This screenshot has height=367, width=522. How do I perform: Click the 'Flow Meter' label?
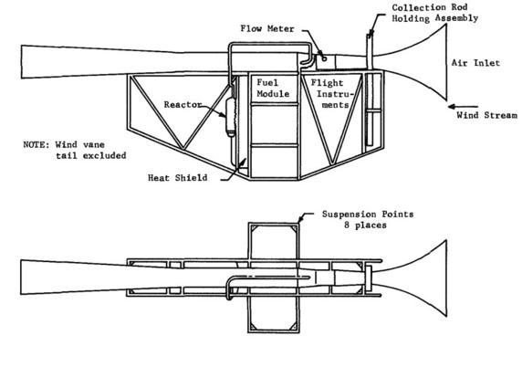point(267,28)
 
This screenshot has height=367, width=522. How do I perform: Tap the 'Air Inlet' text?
point(475,63)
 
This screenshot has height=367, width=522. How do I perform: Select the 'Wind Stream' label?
point(486,115)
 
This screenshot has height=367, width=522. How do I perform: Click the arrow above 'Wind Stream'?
point(463,107)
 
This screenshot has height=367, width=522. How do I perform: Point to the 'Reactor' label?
point(183,105)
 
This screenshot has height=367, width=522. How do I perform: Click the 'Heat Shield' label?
point(177,177)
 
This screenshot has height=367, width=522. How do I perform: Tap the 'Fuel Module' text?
point(273,88)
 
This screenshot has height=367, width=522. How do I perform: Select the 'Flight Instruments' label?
point(330,94)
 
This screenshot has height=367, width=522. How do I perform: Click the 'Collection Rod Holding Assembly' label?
point(434,13)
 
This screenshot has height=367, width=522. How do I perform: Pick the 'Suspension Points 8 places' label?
point(368,219)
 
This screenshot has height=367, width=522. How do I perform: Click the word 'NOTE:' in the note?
point(37,145)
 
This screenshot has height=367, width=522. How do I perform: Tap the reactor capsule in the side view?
point(231,117)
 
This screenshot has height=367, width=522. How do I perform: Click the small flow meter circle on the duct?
point(324,59)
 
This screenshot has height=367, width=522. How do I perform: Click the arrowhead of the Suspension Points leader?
point(300,219)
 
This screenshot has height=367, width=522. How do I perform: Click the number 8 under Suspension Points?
point(347,225)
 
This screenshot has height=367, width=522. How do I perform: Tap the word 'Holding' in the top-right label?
point(411,18)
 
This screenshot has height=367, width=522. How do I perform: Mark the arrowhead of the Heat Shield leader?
point(245,161)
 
